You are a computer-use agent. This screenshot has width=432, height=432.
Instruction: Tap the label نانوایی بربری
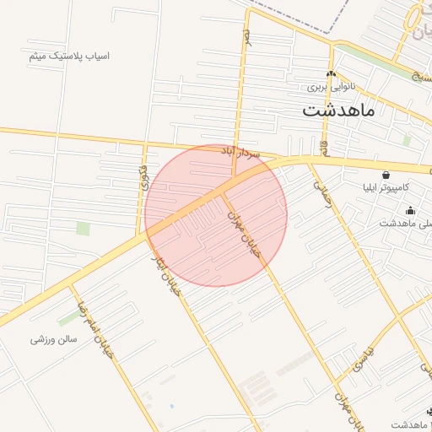tap(330, 87)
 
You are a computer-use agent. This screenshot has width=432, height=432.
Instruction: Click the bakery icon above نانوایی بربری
tap(331, 73)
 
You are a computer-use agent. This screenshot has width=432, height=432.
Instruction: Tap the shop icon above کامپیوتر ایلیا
tap(386, 175)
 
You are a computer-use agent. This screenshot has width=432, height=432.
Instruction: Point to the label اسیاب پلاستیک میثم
tap(69, 56)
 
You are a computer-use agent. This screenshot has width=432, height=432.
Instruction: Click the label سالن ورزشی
tap(54, 339)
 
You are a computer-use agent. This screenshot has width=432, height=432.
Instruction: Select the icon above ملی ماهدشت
tap(411, 211)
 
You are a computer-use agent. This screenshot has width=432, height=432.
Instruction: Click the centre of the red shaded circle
tap(216, 215)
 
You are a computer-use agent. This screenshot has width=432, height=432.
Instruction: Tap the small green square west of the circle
tap(83, 228)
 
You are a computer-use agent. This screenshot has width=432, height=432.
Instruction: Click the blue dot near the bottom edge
tap(171, 407)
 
